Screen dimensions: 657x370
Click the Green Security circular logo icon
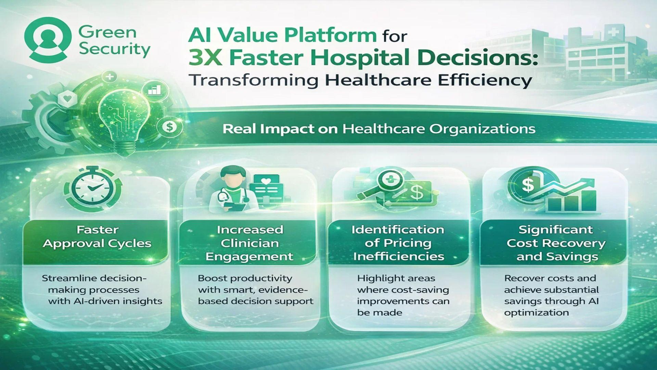tap(48, 40)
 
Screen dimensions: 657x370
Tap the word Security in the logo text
tap(114, 49)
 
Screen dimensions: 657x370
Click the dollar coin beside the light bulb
tap(169, 127)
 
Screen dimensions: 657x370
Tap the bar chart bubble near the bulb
tap(154, 90)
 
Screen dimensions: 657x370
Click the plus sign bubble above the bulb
tap(110, 76)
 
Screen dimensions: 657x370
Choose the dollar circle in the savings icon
tap(528, 185)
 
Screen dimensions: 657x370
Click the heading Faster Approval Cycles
tap(97, 236)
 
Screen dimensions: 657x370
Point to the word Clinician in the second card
tap(250, 243)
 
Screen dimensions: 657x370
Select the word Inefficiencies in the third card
tap(399, 257)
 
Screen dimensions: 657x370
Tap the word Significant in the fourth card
tap(556, 230)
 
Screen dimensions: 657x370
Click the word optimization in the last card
tap(536, 313)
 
